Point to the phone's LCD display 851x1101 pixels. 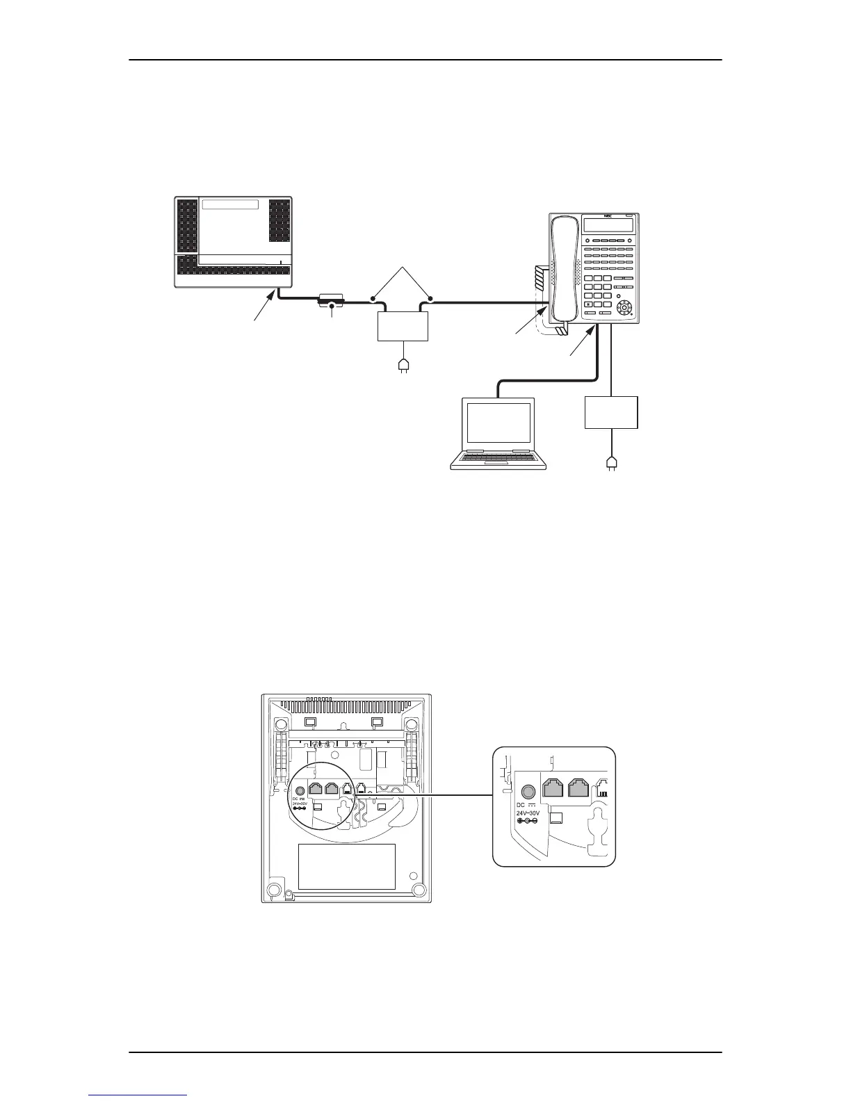[x=608, y=225]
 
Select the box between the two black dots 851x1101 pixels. [x=402, y=326]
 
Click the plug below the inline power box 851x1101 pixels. [x=402, y=365]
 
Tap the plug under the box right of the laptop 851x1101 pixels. [x=611, y=463]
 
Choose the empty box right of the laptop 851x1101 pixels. [x=612, y=412]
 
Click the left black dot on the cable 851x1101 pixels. [x=373, y=300]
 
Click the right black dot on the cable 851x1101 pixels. [x=430, y=300]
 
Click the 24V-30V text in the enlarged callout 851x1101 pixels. [x=531, y=811]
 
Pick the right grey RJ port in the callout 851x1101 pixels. [x=580, y=788]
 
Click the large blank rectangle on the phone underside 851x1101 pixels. [x=346, y=866]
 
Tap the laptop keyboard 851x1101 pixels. [x=498, y=457]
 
